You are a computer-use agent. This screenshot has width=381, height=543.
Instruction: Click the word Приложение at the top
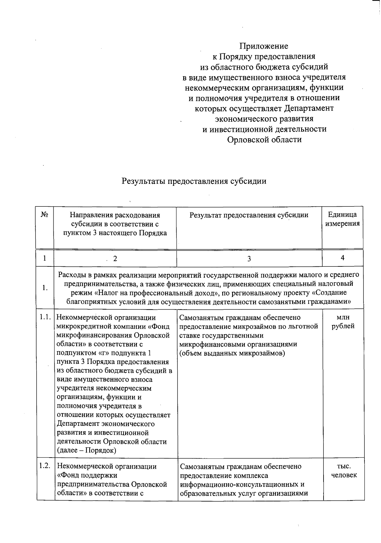click(264, 46)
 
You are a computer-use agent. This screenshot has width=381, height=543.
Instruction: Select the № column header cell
click(45, 215)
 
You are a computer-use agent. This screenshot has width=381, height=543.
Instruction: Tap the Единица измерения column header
click(342, 219)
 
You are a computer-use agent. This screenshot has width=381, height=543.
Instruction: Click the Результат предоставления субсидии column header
click(249, 215)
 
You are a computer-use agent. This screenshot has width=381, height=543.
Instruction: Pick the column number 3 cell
click(249, 259)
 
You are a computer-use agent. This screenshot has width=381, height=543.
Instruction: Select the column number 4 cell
click(343, 258)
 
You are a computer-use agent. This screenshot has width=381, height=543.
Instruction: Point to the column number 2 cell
click(115, 259)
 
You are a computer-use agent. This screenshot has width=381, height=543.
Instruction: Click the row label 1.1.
click(45, 317)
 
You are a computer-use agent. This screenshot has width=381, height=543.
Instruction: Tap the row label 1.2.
click(45, 466)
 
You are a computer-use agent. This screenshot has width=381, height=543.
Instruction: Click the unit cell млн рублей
click(343, 322)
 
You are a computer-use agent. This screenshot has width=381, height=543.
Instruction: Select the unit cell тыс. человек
click(344, 471)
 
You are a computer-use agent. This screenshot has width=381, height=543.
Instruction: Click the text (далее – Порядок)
click(86, 450)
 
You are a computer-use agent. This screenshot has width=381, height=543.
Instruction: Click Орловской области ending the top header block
click(264, 139)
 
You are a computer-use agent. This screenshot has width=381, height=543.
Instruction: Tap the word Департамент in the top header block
click(309, 108)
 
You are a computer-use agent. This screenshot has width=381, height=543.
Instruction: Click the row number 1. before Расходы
click(45, 288)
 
